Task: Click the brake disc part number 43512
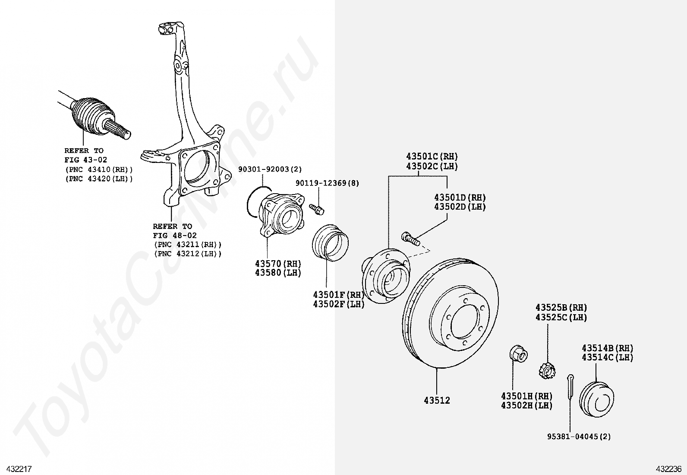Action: (x=437, y=401)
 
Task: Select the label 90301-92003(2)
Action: (x=270, y=169)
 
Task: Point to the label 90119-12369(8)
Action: (x=327, y=183)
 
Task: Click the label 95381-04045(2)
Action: (x=579, y=437)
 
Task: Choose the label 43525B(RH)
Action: (x=561, y=308)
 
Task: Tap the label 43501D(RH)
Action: (x=460, y=198)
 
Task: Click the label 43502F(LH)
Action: (x=339, y=304)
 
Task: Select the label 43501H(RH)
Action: (x=526, y=396)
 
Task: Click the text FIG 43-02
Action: (x=85, y=160)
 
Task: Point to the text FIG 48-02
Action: (x=174, y=236)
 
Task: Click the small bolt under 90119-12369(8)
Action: (x=317, y=209)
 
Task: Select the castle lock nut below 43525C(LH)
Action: (x=546, y=370)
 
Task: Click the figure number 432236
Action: (x=668, y=469)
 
